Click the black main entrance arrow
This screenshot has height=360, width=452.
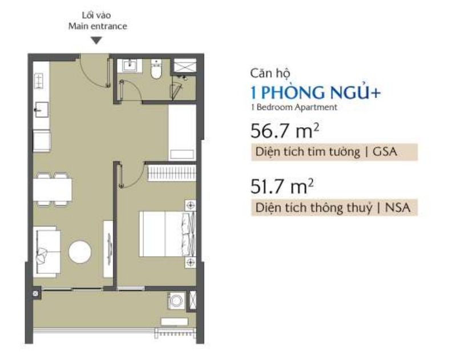[96, 41]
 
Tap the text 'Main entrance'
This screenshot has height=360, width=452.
[98, 26]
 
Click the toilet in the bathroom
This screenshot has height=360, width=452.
[156, 69]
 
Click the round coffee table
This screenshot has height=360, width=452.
[80, 252]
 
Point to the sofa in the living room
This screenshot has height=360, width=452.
[47, 252]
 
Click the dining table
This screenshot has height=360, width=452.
[53, 189]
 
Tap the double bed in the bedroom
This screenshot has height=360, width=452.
[167, 234]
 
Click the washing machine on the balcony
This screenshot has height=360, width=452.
[176, 301]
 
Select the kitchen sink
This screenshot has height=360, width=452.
[42, 110]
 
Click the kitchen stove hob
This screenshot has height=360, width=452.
[39, 80]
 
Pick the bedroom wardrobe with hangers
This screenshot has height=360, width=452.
[172, 173]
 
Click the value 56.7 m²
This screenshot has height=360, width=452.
[285, 131]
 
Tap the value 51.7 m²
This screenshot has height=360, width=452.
[282, 187]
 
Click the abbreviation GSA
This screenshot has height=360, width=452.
[385, 152]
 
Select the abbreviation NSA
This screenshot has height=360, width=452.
[398, 208]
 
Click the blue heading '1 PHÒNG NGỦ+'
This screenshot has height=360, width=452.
[316, 92]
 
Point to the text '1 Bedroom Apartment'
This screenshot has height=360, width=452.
[294, 107]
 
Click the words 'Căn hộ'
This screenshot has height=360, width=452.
[270, 73]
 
